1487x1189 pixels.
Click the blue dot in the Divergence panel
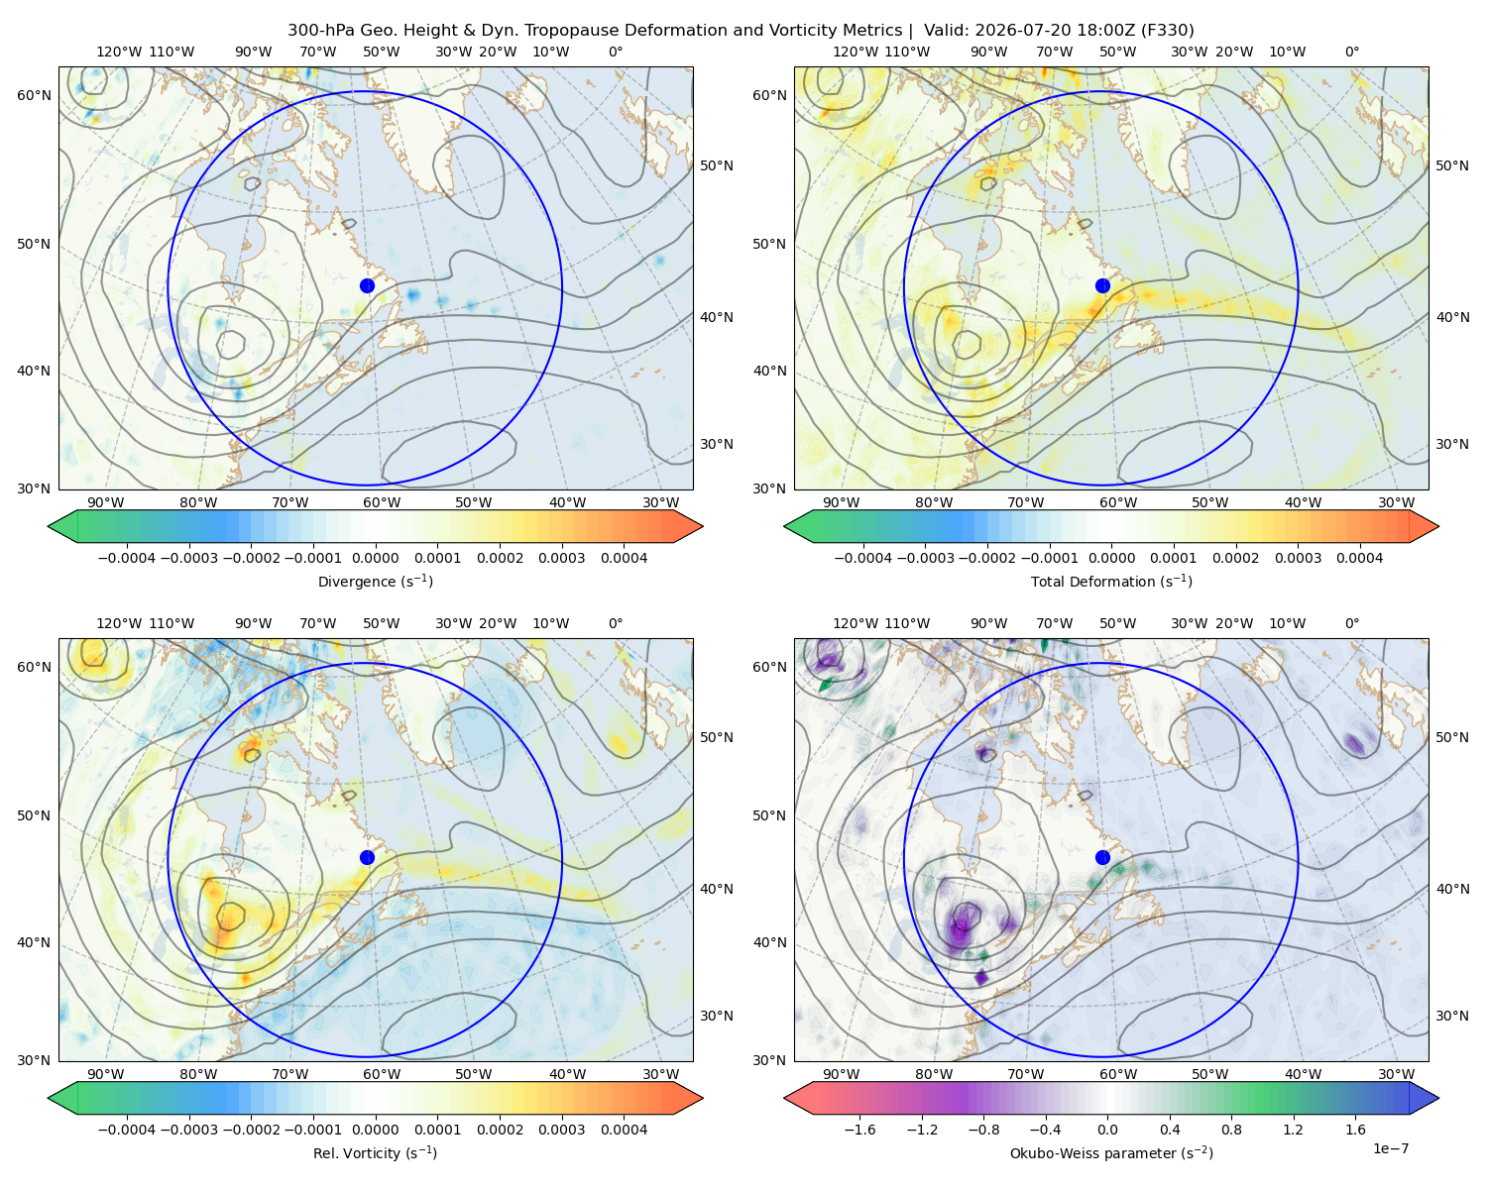(367, 286)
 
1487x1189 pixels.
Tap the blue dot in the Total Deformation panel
(1102, 286)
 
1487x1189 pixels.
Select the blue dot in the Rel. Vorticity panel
(367, 857)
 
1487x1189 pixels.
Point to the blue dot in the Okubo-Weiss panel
(1102, 857)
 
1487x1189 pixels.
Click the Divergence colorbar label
(375, 582)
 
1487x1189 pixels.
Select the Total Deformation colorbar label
(1111, 582)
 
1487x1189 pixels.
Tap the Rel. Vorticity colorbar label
(375, 1153)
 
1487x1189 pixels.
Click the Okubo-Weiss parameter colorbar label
(1111, 1153)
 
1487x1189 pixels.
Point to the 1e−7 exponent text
(1390, 1148)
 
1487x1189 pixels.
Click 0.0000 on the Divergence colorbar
(375, 558)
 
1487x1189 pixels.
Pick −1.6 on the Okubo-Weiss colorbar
(859, 1130)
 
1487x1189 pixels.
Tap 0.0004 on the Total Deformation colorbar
(1359, 558)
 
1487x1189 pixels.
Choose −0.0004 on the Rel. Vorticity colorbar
(127, 1130)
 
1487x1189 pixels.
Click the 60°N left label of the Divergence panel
(34, 95)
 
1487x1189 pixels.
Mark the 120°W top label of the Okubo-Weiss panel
(855, 623)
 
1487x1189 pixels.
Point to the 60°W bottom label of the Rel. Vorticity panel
(382, 1074)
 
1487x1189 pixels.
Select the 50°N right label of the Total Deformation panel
(1452, 165)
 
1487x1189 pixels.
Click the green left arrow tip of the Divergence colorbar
(49, 526)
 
